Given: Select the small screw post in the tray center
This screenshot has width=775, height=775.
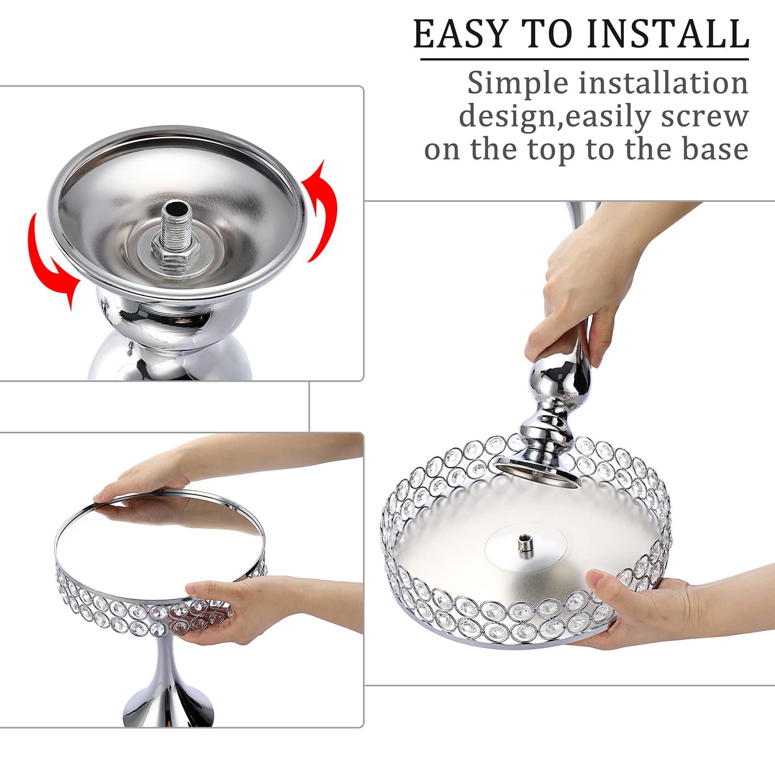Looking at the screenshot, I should pos(524,542).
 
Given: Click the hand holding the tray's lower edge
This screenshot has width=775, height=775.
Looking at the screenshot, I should pos(649,610).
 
